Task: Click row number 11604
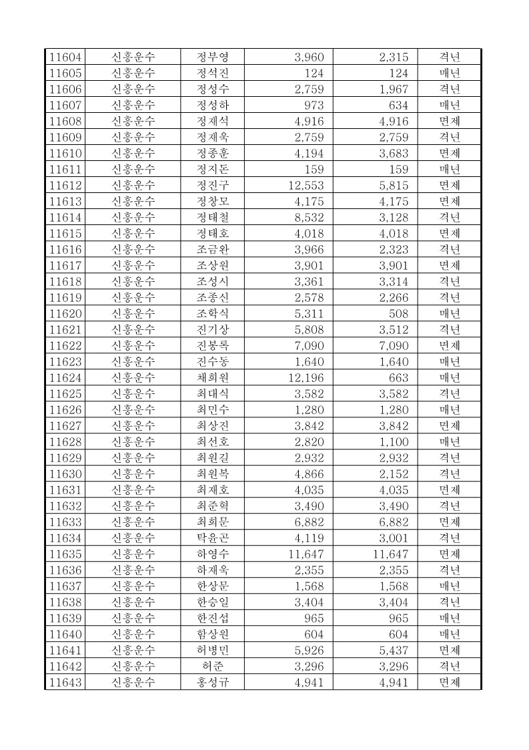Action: pos(65,57)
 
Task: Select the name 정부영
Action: pos(212,57)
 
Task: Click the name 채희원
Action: pos(212,377)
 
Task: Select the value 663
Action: pos(398,377)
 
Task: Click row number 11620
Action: pos(65,313)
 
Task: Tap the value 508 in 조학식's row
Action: pos(398,313)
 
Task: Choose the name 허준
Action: pos(212,666)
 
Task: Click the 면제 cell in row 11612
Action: pos(450,185)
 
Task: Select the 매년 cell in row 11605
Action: pos(450,73)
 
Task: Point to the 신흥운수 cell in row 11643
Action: pos(133,682)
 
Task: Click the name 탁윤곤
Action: pos(212,538)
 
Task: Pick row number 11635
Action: pos(65,554)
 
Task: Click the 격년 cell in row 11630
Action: pos(450,474)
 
